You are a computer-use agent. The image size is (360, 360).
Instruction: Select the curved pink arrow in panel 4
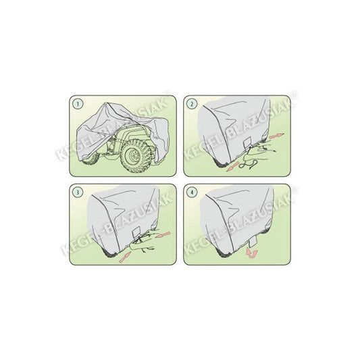point(253,252)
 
